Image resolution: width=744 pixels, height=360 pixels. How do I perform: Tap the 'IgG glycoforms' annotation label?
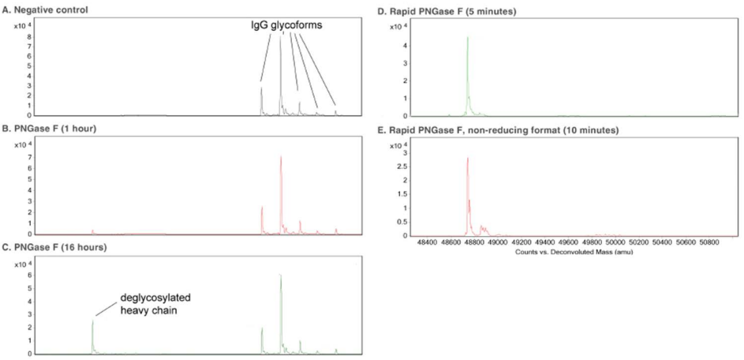pos(286,25)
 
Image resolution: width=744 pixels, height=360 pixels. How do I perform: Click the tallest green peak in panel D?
pos(468,38)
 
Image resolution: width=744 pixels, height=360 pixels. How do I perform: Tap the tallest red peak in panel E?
pos(468,159)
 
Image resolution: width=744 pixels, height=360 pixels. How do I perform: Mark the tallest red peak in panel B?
pos(281,157)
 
